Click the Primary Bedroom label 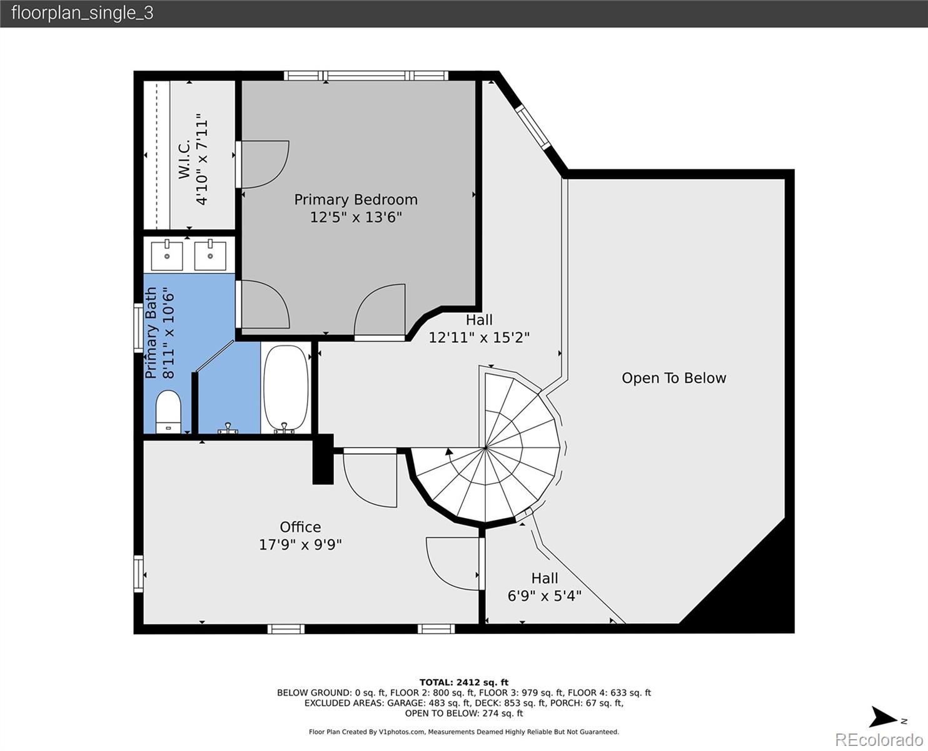[356, 200]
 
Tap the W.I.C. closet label [184, 160]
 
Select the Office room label [300, 527]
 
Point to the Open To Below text [673, 378]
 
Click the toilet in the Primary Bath [168, 411]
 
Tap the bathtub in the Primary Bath [286, 389]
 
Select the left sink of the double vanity [167, 255]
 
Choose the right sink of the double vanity [209, 255]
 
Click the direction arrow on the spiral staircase [448, 451]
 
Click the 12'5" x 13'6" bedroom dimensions [356, 217]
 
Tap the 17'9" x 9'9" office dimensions [300, 544]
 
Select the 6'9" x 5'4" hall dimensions [544, 596]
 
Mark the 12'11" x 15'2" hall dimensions [479, 337]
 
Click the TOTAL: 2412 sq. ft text [463, 682]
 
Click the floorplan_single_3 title [82, 13]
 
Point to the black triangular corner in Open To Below [750, 588]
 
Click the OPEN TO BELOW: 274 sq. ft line [463, 713]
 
